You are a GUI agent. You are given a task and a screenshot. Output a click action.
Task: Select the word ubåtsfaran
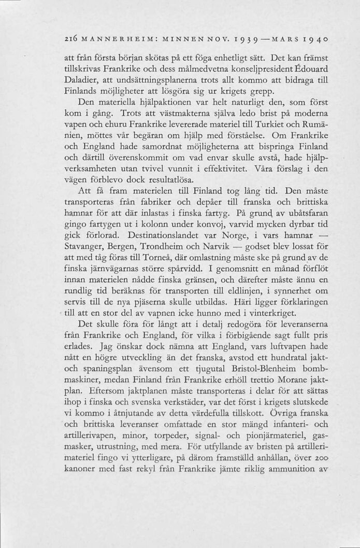tap(298, 214)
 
